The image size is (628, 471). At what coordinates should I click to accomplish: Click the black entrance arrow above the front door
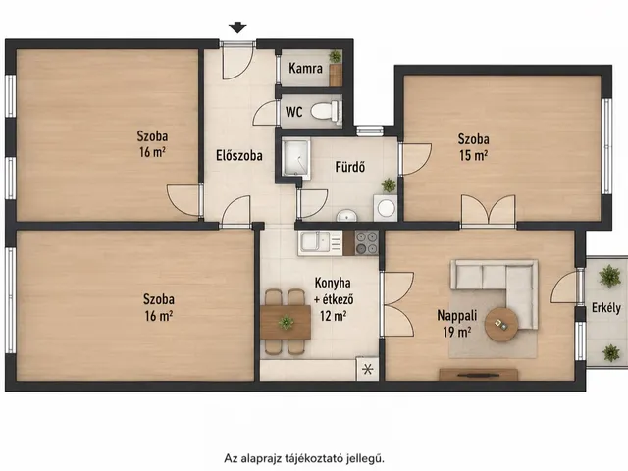coord(237,27)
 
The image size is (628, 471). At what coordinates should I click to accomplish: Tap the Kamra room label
coord(305,69)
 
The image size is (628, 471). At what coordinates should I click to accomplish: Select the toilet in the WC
coord(326,111)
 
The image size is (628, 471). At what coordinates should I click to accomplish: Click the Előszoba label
coord(239,155)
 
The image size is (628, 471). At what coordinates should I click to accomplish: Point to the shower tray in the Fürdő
coord(296,157)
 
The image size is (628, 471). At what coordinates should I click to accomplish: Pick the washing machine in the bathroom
coord(386,208)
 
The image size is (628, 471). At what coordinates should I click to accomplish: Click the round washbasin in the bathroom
coord(346,216)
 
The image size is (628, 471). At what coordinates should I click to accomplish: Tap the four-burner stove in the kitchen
coord(366,242)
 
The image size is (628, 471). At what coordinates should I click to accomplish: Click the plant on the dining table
coord(286,322)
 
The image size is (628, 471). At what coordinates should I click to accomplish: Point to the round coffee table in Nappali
coord(501,324)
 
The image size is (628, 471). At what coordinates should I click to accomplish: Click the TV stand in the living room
coord(478,374)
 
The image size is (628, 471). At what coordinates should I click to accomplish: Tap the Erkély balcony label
coord(606,307)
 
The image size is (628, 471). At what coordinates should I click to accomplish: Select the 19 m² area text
coord(456,332)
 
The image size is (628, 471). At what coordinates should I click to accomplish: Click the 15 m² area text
coord(473,155)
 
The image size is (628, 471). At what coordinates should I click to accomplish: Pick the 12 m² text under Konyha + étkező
coord(334,316)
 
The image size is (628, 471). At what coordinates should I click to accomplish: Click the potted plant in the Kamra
coord(335,56)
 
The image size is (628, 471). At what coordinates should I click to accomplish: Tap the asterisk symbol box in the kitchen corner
coord(367,369)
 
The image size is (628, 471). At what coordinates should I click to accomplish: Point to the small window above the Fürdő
coord(369,131)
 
